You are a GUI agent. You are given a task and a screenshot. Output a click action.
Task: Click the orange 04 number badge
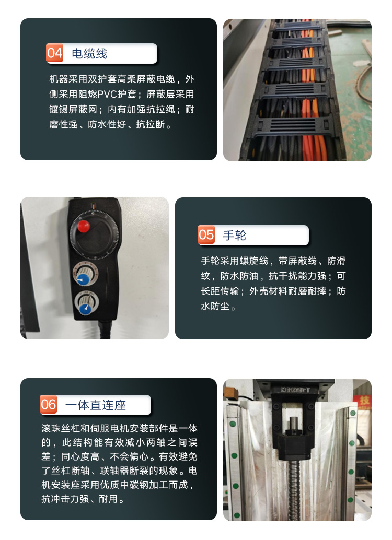pyautogui.click(x=54, y=53)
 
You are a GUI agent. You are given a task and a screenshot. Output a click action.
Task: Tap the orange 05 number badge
pyautogui.click(x=206, y=235)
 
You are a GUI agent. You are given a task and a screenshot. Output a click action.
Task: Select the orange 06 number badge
pyautogui.click(x=48, y=404)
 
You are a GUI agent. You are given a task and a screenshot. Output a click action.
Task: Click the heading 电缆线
pyautogui.click(x=89, y=54)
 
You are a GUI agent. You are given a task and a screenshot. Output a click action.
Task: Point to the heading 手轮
pyautogui.click(x=235, y=236)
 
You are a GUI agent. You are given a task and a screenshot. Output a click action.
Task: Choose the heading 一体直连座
pyautogui.click(x=96, y=405)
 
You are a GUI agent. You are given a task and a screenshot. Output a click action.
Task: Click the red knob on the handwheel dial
pyautogui.click(x=84, y=226)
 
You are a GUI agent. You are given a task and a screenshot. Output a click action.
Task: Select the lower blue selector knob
pyautogui.click(x=85, y=309)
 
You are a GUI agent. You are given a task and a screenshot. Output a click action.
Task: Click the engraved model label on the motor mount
pyautogui.click(x=295, y=390)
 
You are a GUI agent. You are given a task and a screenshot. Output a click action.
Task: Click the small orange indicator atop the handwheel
pyautogui.click(x=93, y=206)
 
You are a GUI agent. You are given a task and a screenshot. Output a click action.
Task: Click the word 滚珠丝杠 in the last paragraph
pyautogui.click(x=61, y=428)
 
